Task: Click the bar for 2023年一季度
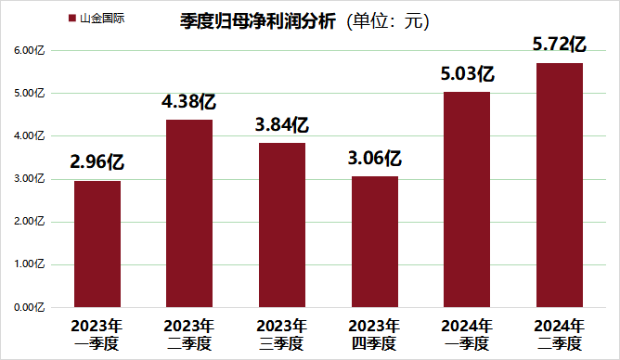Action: pos(97,243)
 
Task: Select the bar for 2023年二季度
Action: pos(189,213)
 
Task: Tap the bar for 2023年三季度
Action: pos(282,225)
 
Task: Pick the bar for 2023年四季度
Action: pos(375,241)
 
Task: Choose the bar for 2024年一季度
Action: pos(467,199)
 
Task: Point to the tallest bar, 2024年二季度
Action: pos(560,185)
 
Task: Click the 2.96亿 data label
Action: pos(97,163)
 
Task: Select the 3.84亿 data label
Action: pos(282,125)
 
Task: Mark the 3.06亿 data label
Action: pos(375,159)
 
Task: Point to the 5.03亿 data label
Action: pos(467,74)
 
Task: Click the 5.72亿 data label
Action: pos(560,44)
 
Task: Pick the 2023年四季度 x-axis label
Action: pos(375,334)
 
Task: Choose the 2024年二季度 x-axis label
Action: pos(560,334)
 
